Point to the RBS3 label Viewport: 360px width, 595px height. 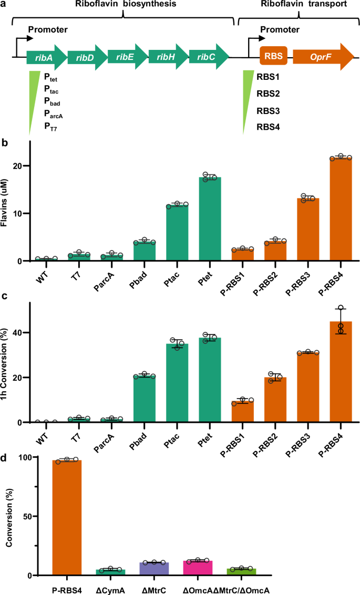coord(268,111)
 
